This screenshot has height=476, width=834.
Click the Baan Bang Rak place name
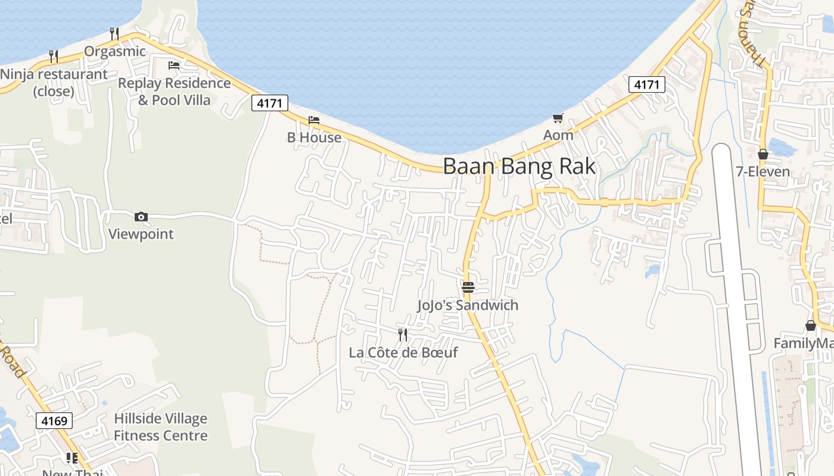coord(519,166)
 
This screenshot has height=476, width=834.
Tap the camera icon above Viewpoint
coord(141,217)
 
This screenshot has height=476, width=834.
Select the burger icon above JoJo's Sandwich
coord(468,287)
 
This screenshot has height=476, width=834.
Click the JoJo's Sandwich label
coord(468,305)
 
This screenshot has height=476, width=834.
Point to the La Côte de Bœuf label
coord(403,352)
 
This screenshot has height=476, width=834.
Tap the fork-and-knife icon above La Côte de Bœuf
coord(403,335)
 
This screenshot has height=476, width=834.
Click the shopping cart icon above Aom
coord(558,118)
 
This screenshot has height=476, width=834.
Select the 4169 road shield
coord(54,421)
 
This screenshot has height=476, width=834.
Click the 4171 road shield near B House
coord(270,103)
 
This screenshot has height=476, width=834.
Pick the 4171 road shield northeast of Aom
coord(646,84)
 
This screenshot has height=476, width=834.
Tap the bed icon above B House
coord(314,120)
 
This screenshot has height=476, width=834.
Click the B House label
coord(314,137)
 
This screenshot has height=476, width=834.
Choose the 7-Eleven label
coord(763,172)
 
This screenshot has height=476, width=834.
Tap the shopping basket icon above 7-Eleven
coord(763,154)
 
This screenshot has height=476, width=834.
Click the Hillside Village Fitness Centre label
coord(161,427)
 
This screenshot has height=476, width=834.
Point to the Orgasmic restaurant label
coord(115,51)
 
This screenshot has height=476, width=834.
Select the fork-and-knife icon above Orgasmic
coord(114,33)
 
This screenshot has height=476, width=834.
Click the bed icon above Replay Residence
coord(174,65)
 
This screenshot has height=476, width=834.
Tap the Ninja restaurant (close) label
coord(54,83)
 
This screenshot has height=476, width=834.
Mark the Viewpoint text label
coord(141,234)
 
